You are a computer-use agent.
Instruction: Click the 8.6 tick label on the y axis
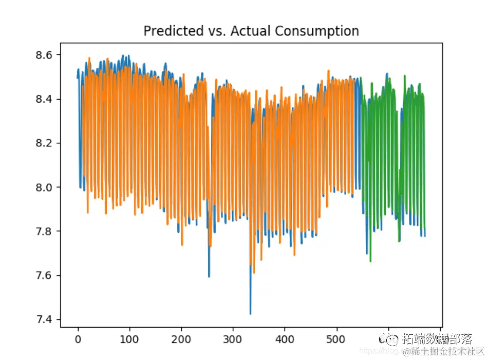click(x=47, y=54)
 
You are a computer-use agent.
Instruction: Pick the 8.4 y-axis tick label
click(x=47, y=99)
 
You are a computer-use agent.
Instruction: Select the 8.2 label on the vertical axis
click(x=47, y=143)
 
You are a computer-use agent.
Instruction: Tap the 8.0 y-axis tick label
click(x=47, y=187)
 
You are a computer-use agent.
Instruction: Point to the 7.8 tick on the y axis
click(x=47, y=231)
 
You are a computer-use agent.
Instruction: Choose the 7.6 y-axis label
click(x=47, y=276)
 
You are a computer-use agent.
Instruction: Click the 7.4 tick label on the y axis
click(x=47, y=320)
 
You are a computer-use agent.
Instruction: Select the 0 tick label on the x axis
click(x=78, y=339)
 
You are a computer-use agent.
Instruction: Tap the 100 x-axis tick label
click(x=129, y=339)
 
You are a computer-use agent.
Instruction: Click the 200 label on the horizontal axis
click(x=181, y=339)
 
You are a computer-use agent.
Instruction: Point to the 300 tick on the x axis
click(x=233, y=339)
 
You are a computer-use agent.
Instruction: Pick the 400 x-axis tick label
click(x=285, y=339)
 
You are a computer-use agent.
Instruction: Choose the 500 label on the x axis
click(x=336, y=339)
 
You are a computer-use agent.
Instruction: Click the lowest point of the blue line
click(x=250, y=314)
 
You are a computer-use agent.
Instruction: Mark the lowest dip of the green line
click(x=370, y=261)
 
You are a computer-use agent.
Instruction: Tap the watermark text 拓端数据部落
click(x=437, y=339)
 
